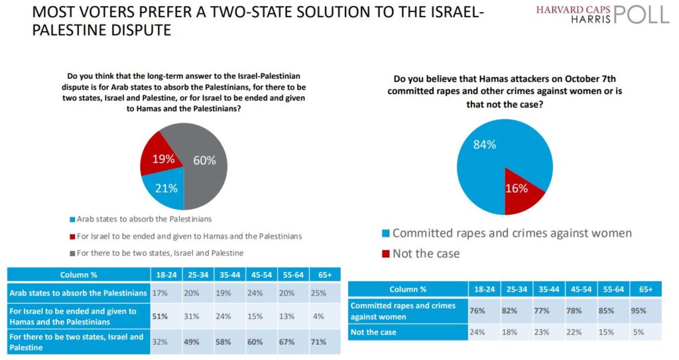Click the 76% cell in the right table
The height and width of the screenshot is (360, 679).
pos(486,310)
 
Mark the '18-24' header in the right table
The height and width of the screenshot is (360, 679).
pos(486,290)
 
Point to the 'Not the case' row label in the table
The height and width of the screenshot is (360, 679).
pos(374,332)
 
